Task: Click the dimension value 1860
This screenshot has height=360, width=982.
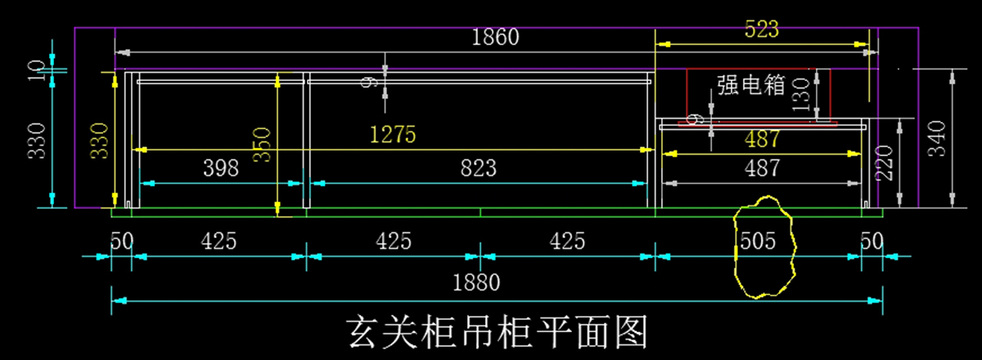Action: pyautogui.click(x=496, y=38)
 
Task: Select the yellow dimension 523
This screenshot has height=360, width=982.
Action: pyautogui.click(x=762, y=29)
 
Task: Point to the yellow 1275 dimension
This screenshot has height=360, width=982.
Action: pyautogui.click(x=394, y=134)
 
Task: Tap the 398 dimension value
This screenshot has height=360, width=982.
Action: pyautogui.click(x=221, y=169)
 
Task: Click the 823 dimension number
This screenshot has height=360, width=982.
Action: pyautogui.click(x=478, y=169)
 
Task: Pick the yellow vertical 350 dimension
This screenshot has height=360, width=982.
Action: pyautogui.click(x=260, y=145)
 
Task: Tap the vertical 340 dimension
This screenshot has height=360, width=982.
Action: pyautogui.click(x=937, y=139)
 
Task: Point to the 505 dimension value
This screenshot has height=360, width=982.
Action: pyautogui.click(x=758, y=241)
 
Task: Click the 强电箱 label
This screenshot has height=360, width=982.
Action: pyautogui.click(x=751, y=85)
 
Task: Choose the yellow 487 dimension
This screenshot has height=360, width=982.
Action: pyautogui.click(x=763, y=140)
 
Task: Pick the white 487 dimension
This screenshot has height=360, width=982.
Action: pyautogui.click(x=763, y=169)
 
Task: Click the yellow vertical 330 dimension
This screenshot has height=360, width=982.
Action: pyautogui.click(x=99, y=141)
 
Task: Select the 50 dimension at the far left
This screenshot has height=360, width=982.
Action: pyautogui.click(x=122, y=241)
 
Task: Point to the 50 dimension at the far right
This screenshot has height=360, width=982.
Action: pyautogui.click(x=872, y=241)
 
